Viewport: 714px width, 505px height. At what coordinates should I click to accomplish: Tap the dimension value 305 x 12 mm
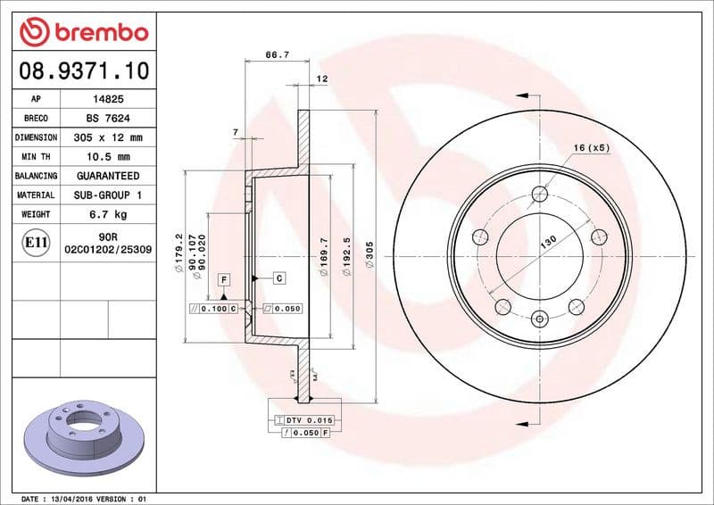pyautogui.click(x=108, y=138)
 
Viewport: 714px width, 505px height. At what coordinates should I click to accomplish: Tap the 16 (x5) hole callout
pyautogui.click(x=591, y=148)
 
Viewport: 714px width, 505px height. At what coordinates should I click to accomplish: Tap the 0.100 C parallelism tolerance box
pyautogui.click(x=214, y=308)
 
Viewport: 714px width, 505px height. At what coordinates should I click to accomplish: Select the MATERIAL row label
pyautogui.click(x=36, y=195)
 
